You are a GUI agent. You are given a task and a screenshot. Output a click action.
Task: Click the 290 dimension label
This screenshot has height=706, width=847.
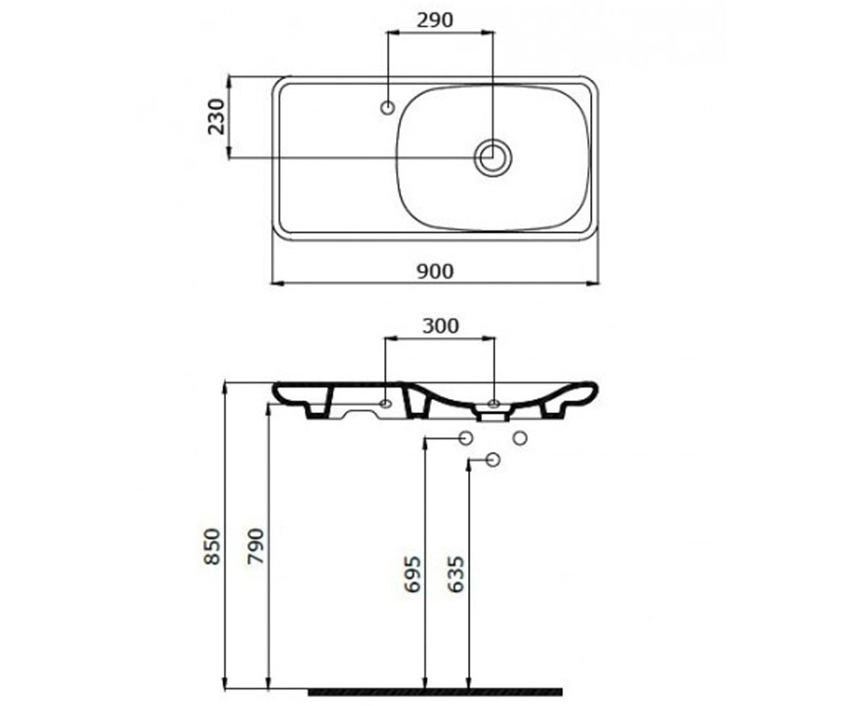click(435, 20)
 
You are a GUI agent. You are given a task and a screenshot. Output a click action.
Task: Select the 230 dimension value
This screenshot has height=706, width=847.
click(216, 116)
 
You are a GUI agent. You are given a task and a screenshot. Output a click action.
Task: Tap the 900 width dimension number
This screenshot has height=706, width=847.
click(435, 271)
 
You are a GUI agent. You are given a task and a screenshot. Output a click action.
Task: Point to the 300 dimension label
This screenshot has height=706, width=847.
click(440, 325)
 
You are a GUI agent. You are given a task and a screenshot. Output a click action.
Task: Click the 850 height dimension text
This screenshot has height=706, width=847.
click(212, 547)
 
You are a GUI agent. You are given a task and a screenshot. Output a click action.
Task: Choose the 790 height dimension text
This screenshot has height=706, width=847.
click(256, 546)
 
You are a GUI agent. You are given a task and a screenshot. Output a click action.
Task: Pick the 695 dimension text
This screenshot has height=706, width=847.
click(412, 574)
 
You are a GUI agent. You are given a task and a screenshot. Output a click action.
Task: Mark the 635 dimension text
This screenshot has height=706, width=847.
click(456, 574)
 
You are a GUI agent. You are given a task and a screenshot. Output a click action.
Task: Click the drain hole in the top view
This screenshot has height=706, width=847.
click(493, 157)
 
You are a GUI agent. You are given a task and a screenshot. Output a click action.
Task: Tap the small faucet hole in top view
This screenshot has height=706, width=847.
click(388, 108)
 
